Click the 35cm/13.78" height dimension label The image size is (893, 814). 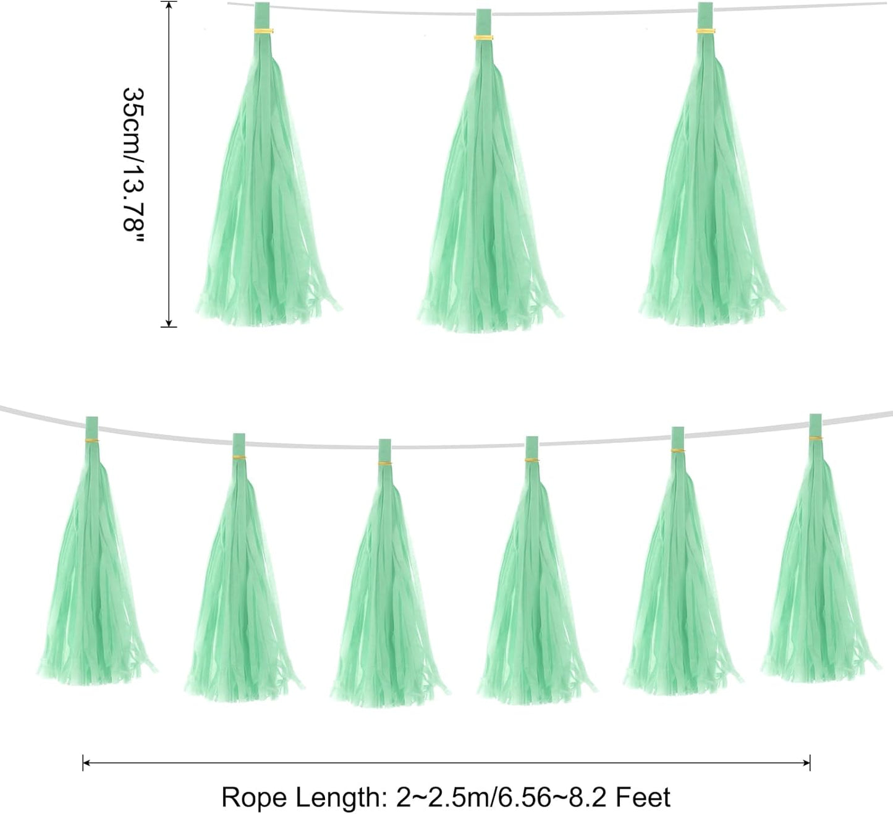point(133,166)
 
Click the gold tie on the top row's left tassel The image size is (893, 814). point(263,31)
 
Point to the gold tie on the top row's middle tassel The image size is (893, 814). point(483,38)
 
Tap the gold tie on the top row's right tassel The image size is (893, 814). point(706,31)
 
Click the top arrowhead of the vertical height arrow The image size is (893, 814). point(169,6)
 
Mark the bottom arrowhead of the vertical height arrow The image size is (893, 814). point(169,323)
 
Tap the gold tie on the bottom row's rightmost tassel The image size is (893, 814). point(816,439)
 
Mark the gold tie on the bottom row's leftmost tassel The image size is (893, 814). point(91,440)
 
